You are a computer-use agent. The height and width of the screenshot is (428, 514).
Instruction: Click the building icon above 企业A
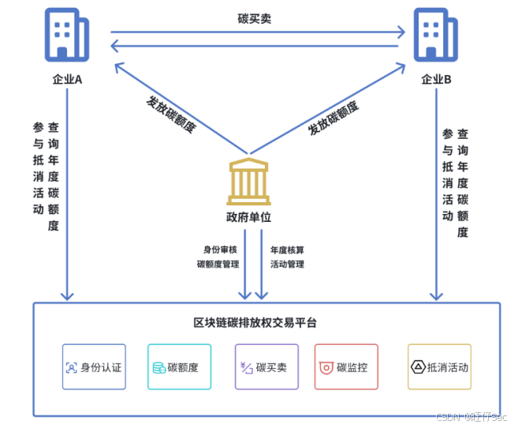coord(67,36)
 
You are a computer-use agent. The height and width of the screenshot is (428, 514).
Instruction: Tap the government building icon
coord(249,182)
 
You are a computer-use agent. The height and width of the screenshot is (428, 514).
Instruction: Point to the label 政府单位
coord(249,217)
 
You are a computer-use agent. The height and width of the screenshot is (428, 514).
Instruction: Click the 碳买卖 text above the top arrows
coord(255,18)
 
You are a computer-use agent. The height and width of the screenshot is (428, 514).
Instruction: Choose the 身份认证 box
coord(94,367)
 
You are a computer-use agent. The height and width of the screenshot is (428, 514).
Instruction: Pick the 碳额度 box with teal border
coord(179,367)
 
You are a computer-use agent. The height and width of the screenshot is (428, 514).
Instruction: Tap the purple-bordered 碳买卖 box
coord(266,367)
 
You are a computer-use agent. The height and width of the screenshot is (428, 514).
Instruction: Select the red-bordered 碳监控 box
coord(346,367)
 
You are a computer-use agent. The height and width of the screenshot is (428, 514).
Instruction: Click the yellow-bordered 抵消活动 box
coord(439,367)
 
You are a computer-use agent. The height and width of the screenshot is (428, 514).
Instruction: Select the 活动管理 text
coord(287,265)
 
